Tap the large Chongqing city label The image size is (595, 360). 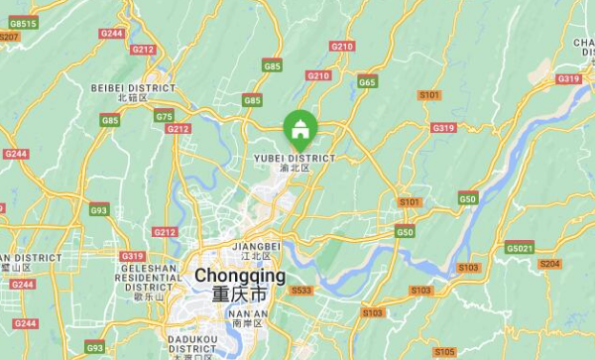click(240, 276)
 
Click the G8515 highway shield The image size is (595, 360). click(22, 24)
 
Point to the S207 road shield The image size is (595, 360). click(9, 36)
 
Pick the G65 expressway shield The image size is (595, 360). click(367, 81)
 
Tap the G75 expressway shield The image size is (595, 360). click(164, 117)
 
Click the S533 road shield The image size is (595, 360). click(301, 290)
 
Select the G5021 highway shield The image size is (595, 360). click(519, 247)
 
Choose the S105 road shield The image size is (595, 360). click(445, 351)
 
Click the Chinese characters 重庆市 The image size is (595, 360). click(239, 296)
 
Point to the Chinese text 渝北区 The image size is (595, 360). click(295, 169)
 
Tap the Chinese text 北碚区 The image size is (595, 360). click(131, 98)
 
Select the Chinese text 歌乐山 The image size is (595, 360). click(146, 296)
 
